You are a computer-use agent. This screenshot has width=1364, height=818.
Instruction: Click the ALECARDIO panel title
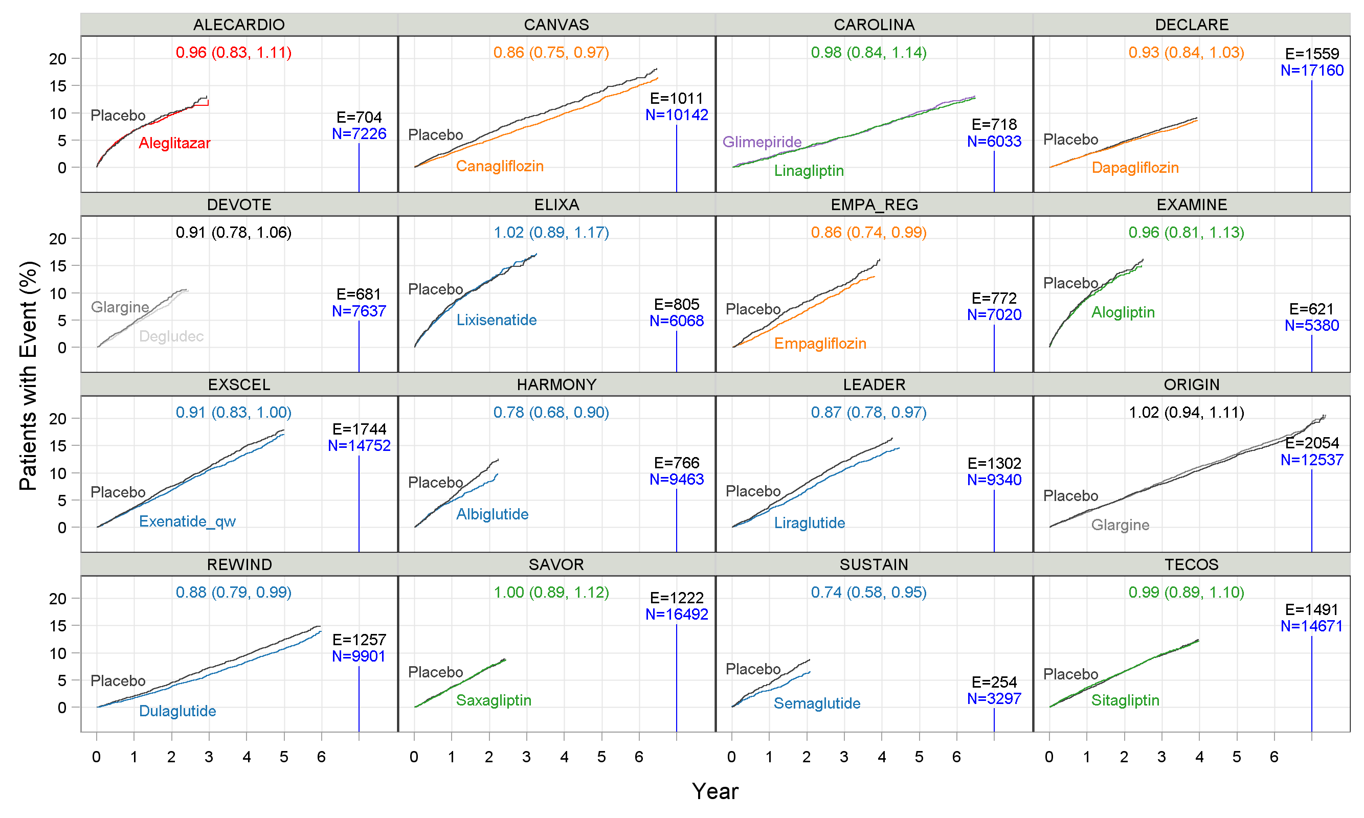[x=239, y=25]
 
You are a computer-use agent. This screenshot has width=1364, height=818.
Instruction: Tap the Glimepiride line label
[x=762, y=142]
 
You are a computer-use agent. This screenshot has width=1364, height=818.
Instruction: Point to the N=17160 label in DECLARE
[x=1311, y=71]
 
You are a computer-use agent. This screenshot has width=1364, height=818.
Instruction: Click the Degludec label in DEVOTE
[x=171, y=336]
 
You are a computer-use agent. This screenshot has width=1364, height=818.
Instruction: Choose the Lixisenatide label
[x=496, y=320]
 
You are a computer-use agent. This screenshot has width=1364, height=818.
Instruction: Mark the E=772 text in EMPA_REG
[x=994, y=298]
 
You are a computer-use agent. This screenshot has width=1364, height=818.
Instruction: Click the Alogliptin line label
[x=1123, y=312]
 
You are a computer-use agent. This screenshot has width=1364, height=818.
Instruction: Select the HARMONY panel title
[x=556, y=385]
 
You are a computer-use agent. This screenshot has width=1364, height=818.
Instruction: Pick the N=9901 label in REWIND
[x=359, y=656]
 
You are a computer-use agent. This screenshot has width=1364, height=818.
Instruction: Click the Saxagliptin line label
[x=494, y=700]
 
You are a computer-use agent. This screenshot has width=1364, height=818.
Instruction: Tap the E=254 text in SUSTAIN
[x=994, y=683]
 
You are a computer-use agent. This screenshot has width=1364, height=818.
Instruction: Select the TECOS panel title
[x=1191, y=564]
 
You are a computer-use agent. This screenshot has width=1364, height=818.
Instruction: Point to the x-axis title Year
[x=714, y=791]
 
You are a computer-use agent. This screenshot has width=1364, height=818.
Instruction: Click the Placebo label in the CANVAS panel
[x=435, y=135]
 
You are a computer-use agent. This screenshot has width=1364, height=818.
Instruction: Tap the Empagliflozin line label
[x=820, y=344]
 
